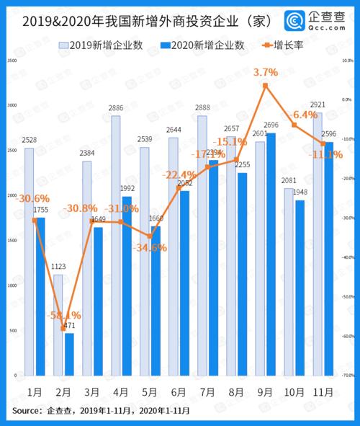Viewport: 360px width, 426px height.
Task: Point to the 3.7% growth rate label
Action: pos(266,72)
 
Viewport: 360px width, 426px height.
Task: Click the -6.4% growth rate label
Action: pos(302,115)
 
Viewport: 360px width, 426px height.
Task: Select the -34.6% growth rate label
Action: pos(150,248)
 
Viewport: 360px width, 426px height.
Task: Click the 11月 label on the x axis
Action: pos(323,393)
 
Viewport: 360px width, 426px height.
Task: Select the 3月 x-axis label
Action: pos(91,393)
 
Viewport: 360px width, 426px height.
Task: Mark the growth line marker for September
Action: pos(266,86)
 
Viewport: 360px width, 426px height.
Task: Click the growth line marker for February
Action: pos(64,327)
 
